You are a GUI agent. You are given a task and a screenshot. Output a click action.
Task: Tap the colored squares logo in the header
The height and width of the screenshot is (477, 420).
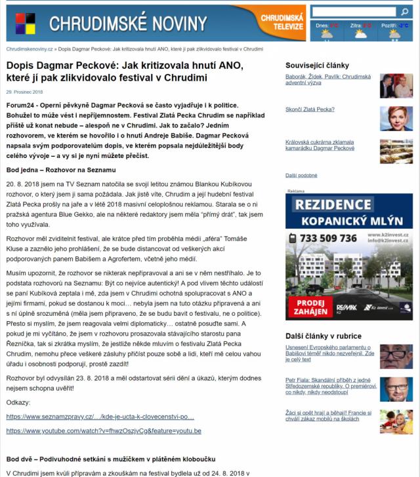pyautogui.click(x=26, y=23)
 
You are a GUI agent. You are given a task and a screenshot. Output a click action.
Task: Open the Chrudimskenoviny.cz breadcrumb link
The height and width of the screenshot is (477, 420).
pyautogui.click(x=31, y=49)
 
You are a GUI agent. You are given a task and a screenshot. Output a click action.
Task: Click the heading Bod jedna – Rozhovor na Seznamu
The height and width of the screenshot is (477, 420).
pyautogui.click(x=60, y=170)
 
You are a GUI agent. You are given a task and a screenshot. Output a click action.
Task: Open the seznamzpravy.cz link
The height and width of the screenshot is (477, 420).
pyautogui.click(x=100, y=417)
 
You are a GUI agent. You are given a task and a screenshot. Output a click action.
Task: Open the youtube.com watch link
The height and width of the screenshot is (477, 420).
pyautogui.click(x=104, y=430)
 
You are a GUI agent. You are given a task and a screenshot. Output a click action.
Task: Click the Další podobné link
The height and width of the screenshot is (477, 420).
pyautogui.click(x=301, y=175)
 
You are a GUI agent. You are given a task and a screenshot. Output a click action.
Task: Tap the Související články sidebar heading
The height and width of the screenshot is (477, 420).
pyautogui.click(x=317, y=65)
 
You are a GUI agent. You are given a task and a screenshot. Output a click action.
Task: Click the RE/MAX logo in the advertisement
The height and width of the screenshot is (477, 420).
pyautogui.click(x=346, y=307)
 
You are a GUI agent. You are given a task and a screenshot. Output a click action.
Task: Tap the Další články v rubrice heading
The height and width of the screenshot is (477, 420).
pyautogui.click(x=323, y=335)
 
